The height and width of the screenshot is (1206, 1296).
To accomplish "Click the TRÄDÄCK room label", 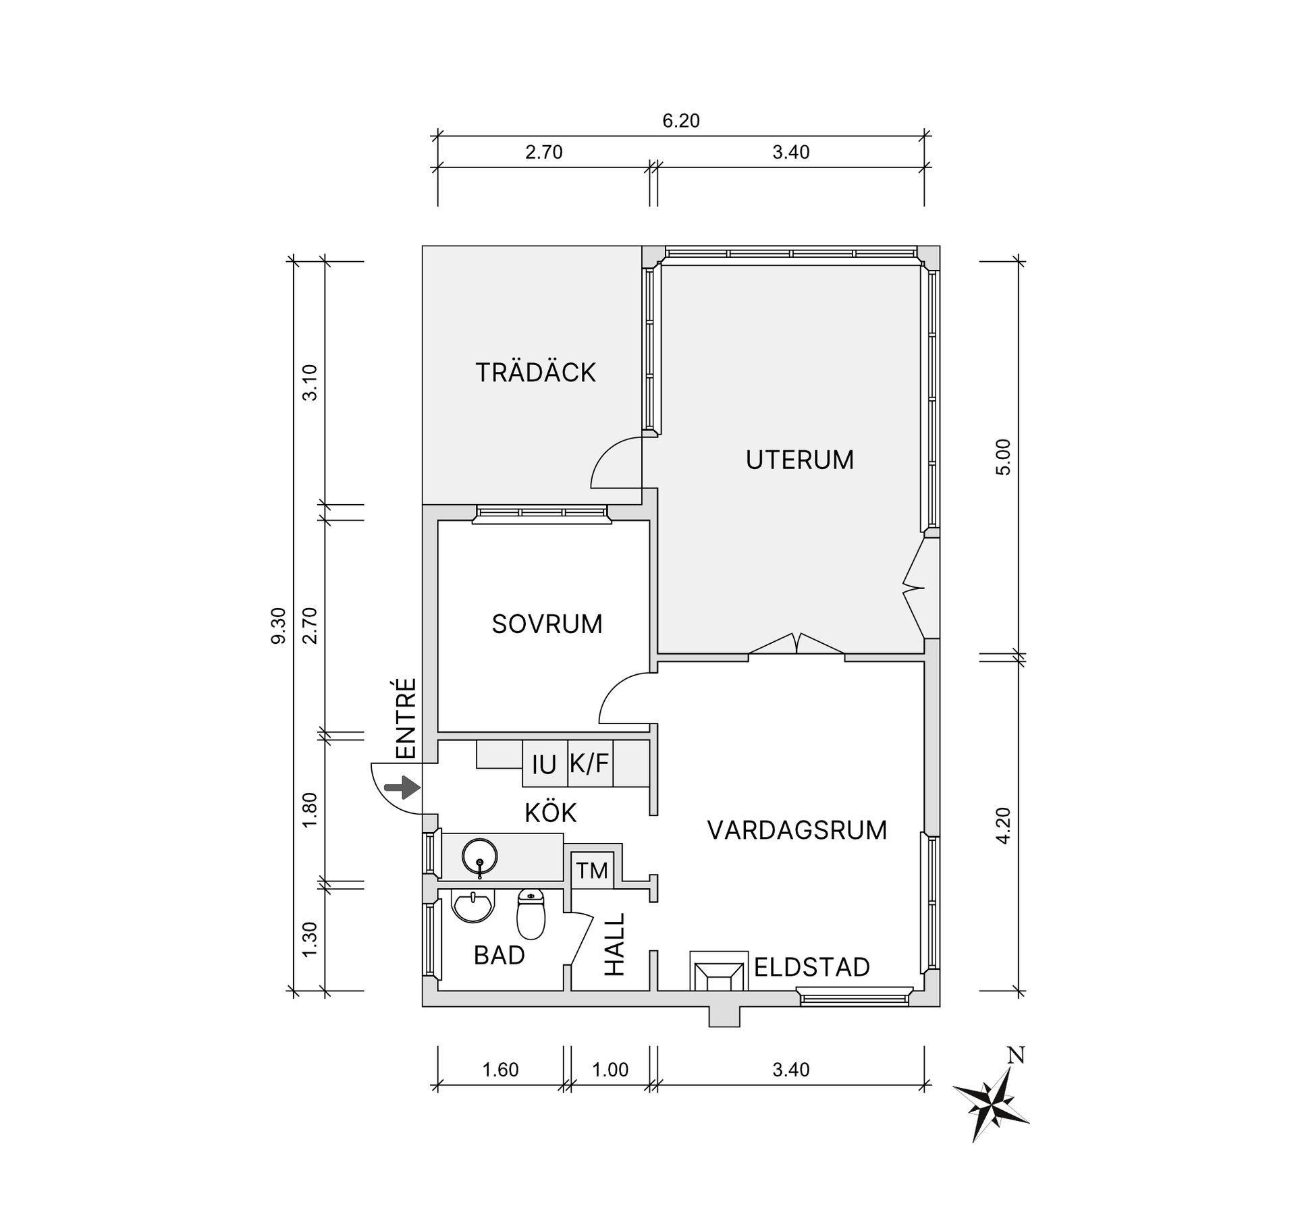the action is pyautogui.click(x=536, y=373).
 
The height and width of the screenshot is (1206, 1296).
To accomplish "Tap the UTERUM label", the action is pyautogui.click(x=800, y=460).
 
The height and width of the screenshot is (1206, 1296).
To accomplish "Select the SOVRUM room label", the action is pyautogui.click(x=547, y=624).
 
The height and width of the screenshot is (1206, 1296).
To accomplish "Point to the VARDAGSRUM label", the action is pyautogui.click(x=797, y=830).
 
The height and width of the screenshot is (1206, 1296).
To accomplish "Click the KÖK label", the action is pyautogui.click(x=551, y=813).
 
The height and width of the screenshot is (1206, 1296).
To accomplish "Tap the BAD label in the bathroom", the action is pyautogui.click(x=500, y=955).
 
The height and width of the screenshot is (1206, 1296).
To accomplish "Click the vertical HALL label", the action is pyautogui.click(x=614, y=944).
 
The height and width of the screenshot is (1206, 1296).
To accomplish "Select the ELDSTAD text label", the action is pyautogui.click(x=812, y=967).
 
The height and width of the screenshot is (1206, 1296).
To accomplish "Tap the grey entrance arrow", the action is pyautogui.click(x=402, y=787).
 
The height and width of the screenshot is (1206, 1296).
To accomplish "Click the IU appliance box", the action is pyautogui.click(x=545, y=764).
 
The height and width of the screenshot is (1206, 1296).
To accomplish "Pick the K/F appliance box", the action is pyautogui.click(x=590, y=764).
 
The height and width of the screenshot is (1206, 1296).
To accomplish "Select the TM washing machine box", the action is pyautogui.click(x=592, y=871).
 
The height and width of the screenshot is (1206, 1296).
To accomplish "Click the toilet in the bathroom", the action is pyautogui.click(x=531, y=914).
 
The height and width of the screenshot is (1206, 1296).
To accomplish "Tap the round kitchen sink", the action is pyautogui.click(x=480, y=856).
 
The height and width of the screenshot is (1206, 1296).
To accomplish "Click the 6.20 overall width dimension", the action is pyautogui.click(x=681, y=121).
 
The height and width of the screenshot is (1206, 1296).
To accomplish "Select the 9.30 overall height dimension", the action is pyautogui.click(x=279, y=626).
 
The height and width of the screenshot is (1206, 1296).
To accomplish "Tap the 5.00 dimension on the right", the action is pyautogui.click(x=1004, y=458).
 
